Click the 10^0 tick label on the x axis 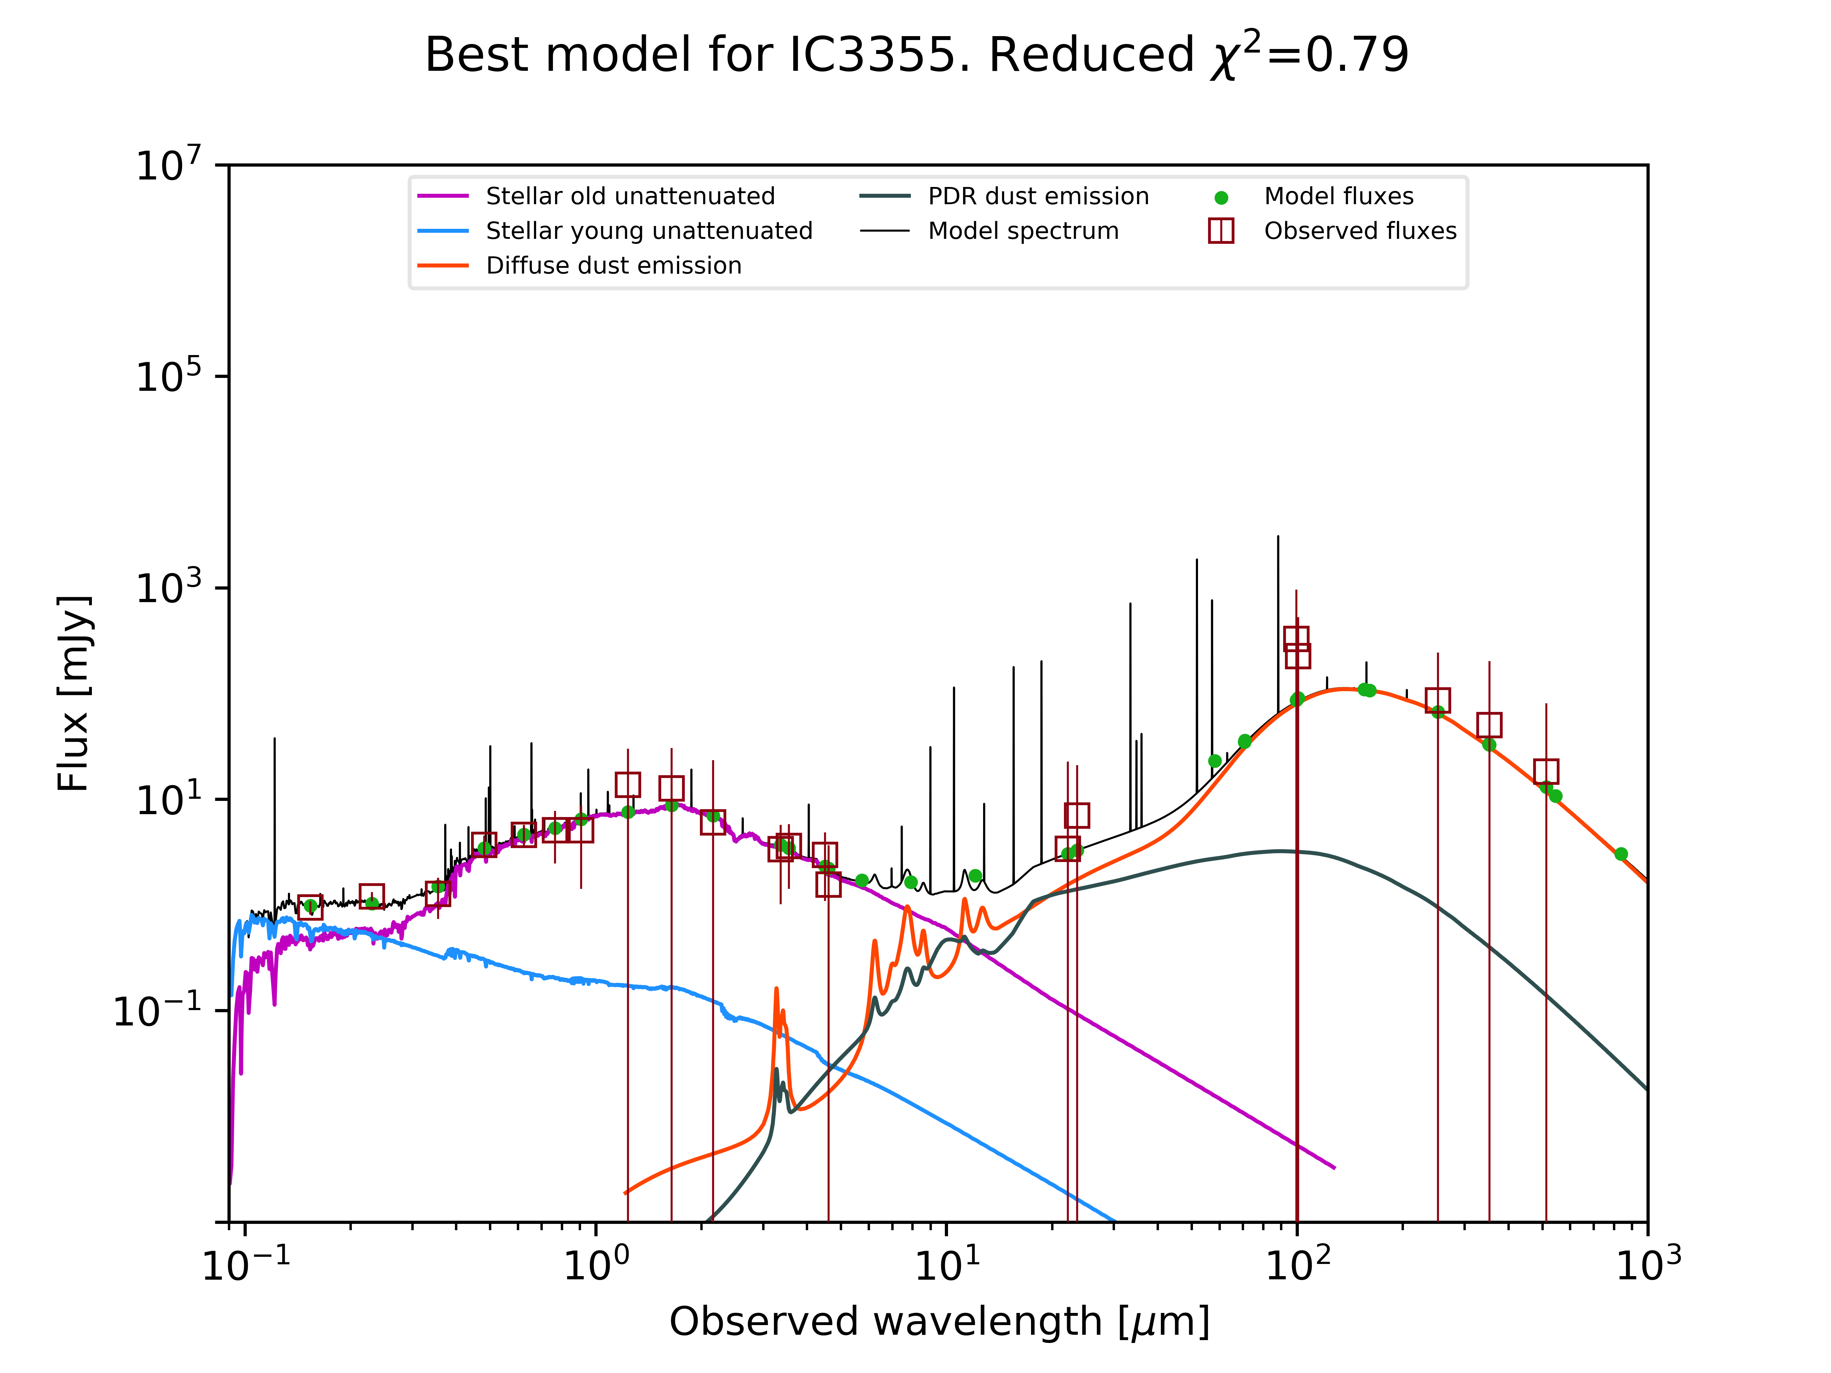[596, 1264]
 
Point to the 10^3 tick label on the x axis [1648, 1264]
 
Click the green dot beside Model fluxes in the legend [1221, 198]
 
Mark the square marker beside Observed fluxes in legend [1221, 231]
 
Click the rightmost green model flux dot [1621, 854]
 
